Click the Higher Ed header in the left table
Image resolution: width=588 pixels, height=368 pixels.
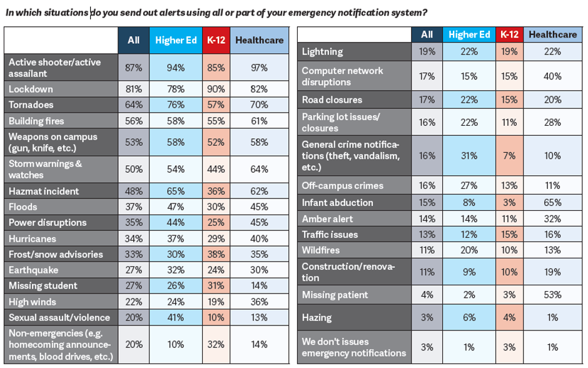coord(176,41)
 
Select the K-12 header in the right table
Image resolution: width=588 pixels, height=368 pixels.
coord(509,34)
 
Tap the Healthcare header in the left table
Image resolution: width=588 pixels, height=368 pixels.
coord(259,41)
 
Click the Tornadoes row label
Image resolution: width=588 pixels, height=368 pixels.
coord(31,105)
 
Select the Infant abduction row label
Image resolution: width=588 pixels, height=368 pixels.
coord(337,203)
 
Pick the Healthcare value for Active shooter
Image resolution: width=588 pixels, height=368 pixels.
coord(259,68)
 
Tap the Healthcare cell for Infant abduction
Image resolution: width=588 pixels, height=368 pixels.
coord(552,203)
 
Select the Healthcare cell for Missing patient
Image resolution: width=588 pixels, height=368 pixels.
coord(552,295)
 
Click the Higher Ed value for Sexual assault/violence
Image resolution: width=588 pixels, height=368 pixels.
coord(176,317)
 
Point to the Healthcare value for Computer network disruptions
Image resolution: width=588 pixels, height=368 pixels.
coord(552,76)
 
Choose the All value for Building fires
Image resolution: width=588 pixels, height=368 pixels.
coord(133,121)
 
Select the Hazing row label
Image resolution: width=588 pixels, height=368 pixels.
coord(318,317)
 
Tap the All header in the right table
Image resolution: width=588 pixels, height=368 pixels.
coord(427,34)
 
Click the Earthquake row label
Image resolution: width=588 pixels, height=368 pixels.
coord(33,270)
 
